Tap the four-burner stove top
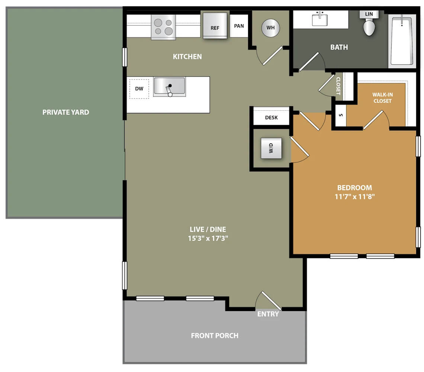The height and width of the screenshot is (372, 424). click(x=163, y=27)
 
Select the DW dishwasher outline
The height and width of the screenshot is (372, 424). click(x=139, y=88)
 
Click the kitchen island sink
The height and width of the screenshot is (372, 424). click(x=169, y=87)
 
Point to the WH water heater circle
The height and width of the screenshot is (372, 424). click(x=270, y=28)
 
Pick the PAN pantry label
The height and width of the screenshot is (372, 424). click(x=239, y=26)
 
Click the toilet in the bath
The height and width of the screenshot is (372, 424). click(x=369, y=27)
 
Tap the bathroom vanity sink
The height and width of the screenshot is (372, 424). click(x=320, y=19)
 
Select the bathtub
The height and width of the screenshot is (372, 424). click(x=402, y=41)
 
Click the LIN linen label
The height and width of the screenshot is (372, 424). click(x=369, y=14)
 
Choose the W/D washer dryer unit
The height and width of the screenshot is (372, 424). click(x=271, y=148)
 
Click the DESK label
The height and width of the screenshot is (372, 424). click(x=271, y=117)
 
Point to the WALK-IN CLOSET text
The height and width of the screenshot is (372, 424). click(x=382, y=98)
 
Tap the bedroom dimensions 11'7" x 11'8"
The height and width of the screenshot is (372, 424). click(x=354, y=197)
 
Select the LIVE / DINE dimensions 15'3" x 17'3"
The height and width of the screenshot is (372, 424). click(x=208, y=238)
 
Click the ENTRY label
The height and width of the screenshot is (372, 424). click(x=268, y=314)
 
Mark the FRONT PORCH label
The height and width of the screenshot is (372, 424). click(x=215, y=336)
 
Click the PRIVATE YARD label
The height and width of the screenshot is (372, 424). click(x=66, y=112)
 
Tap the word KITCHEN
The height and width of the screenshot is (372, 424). click(x=187, y=56)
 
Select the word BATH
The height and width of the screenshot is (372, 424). click(x=339, y=47)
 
